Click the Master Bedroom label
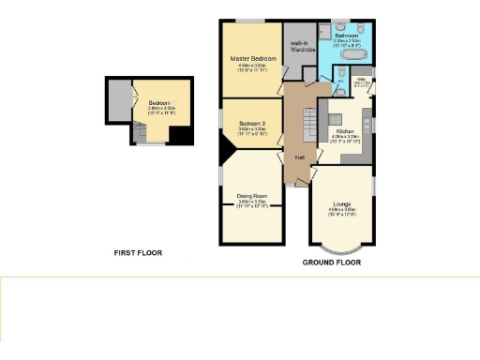point(250,58)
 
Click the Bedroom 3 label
point(250,124)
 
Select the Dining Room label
point(250,196)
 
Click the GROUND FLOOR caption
point(331,262)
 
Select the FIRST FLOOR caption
point(138,253)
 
